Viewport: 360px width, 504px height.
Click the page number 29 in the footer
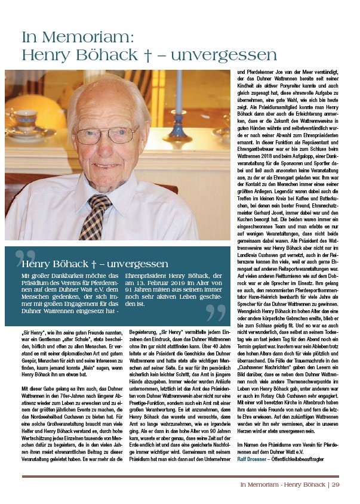(335, 484)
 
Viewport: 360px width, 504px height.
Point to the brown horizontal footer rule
(180, 476)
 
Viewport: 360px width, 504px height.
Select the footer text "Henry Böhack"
(300, 484)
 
